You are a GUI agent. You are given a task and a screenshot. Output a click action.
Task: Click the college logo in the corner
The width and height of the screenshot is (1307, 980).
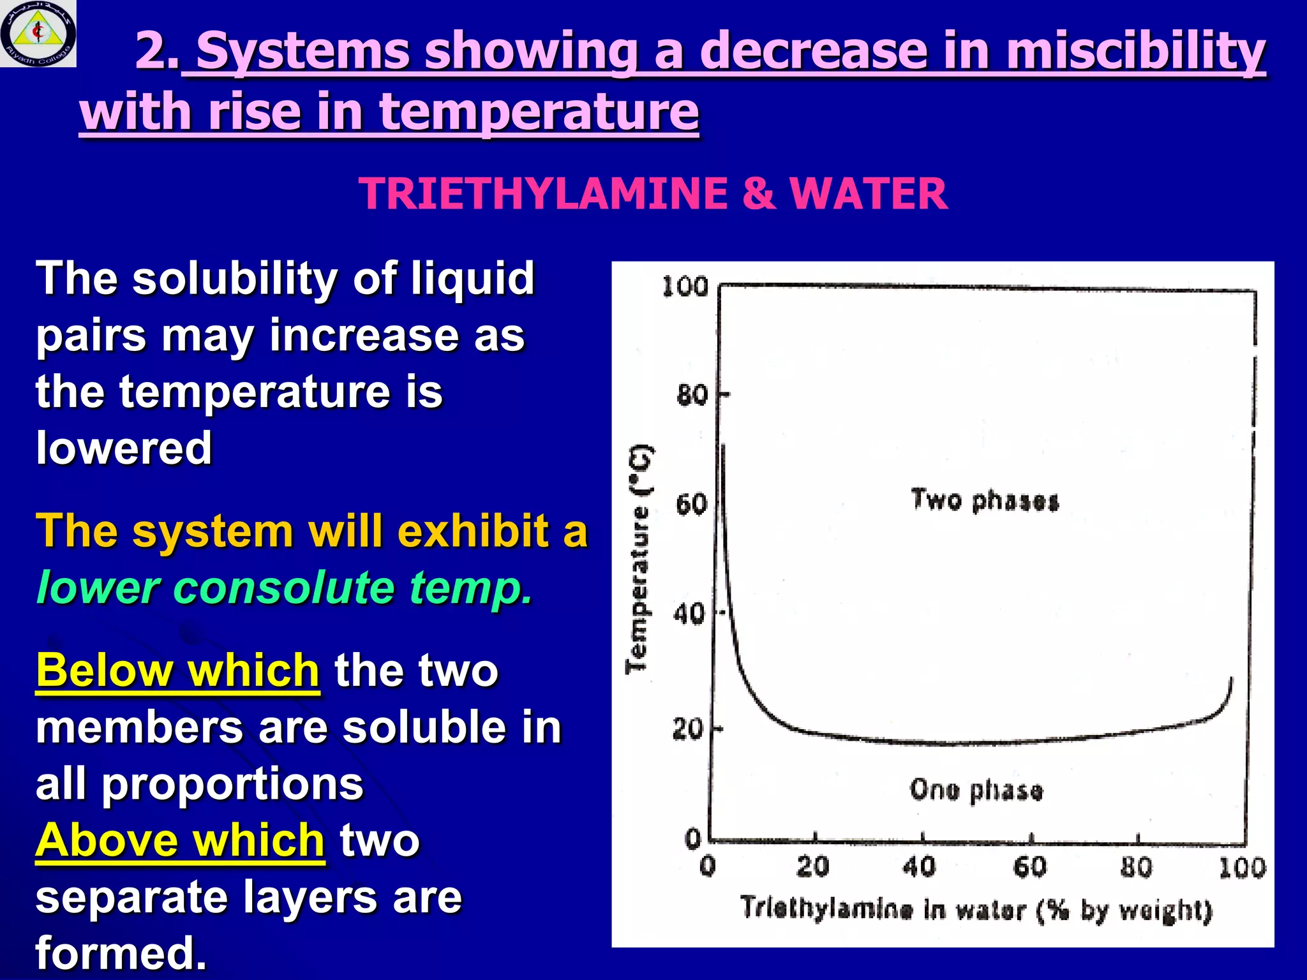38,33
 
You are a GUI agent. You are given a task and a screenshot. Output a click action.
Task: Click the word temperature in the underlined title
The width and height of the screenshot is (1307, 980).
539,112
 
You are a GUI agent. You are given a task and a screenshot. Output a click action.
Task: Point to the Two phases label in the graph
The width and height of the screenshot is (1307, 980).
985,500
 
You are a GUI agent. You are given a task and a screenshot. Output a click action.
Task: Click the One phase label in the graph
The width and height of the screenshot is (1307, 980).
976,790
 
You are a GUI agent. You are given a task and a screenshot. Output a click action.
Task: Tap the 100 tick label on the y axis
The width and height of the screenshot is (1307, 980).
685,286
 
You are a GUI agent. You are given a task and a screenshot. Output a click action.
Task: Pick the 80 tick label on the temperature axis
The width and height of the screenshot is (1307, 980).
692,396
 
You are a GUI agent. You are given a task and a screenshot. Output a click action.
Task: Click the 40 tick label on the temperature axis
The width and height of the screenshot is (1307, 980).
689,614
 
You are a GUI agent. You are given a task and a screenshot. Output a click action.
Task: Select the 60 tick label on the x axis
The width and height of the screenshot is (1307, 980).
1029,866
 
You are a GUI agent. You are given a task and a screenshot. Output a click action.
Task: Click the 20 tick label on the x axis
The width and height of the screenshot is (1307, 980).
812,866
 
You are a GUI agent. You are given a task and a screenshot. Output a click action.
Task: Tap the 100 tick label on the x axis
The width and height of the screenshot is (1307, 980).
1241,868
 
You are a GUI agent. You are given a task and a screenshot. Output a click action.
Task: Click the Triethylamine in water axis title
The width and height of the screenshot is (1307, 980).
975,909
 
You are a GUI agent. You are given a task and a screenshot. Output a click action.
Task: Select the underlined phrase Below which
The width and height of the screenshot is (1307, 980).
177,671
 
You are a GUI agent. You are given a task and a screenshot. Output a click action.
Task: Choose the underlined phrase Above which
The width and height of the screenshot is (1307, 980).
180,840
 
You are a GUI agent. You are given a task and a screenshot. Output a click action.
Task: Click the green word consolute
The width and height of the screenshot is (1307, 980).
283,588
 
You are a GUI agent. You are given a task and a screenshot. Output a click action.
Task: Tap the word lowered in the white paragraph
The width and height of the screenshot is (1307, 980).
124,448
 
